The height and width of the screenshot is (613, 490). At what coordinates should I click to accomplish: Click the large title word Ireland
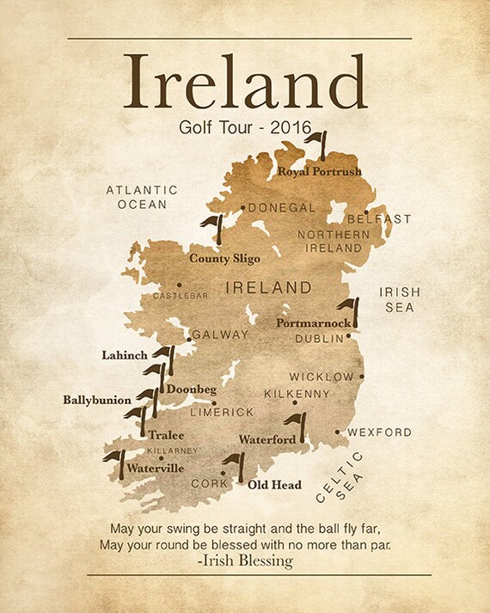(245, 81)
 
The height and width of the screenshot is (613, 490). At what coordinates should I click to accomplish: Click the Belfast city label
(379, 219)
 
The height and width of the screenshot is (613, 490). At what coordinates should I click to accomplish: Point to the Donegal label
(283, 207)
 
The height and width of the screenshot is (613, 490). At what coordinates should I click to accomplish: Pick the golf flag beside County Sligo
(213, 229)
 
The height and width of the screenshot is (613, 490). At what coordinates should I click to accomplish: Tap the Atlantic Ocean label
(142, 197)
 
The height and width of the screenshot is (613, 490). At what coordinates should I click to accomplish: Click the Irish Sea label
(400, 299)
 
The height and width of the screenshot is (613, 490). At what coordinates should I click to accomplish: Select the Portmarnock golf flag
(349, 310)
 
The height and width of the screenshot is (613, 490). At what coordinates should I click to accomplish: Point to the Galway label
(220, 334)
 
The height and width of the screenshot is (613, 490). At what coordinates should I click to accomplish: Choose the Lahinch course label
(125, 354)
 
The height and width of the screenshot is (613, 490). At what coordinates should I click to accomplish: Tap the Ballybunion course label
(97, 400)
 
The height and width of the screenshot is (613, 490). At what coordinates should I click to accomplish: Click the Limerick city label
(222, 413)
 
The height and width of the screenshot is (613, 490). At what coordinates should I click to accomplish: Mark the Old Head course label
(274, 485)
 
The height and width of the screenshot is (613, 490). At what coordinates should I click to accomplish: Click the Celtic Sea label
(340, 477)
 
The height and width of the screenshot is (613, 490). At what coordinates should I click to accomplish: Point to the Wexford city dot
(340, 432)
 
